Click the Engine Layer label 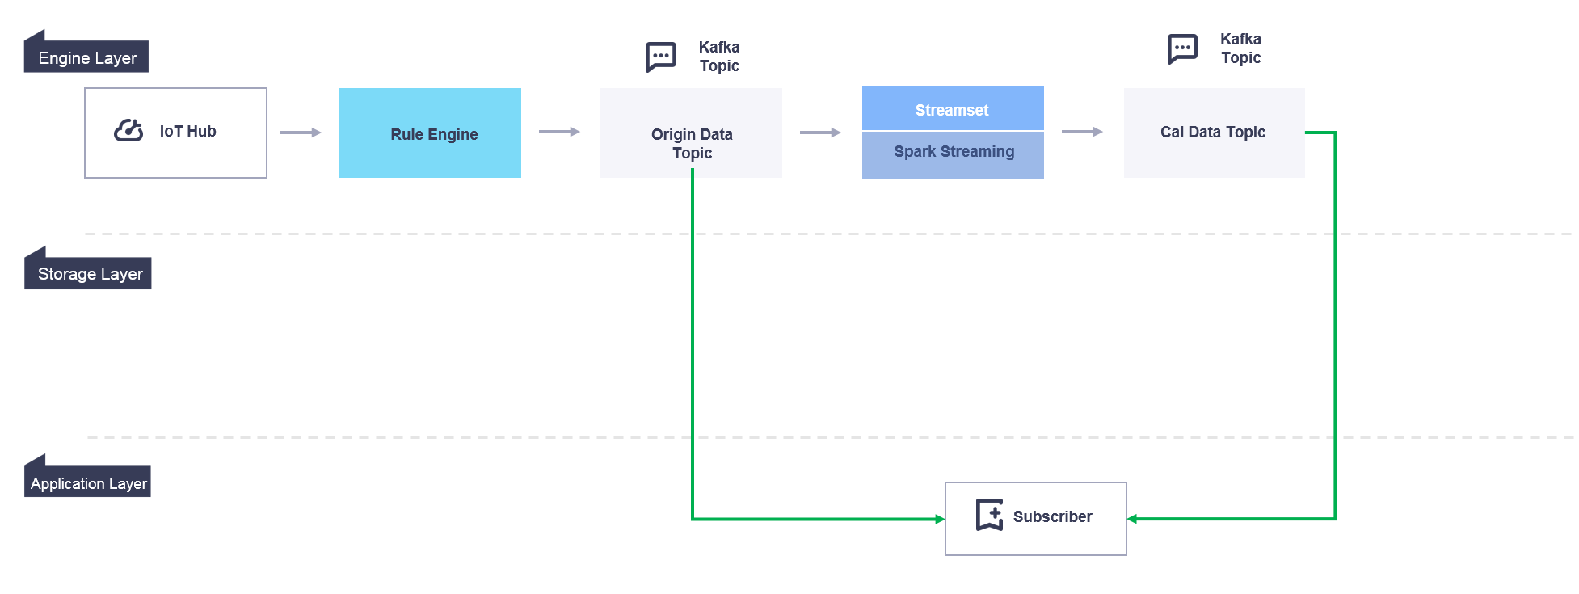(87, 57)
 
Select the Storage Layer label (90, 274)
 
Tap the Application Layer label (88, 483)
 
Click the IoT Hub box (175, 133)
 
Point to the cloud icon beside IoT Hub (128, 130)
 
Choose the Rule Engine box (430, 133)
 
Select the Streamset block (952, 109)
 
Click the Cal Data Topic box (1214, 133)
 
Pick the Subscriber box (1035, 518)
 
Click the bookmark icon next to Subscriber (990, 515)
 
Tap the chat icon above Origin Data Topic (660, 57)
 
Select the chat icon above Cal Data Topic (1182, 48)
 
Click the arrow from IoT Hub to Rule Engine (301, 133)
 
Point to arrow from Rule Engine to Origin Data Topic (560, 132)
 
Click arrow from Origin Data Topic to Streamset (821, 133)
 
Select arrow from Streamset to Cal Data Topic (1083, 132)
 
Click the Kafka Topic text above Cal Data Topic (1240, 48)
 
